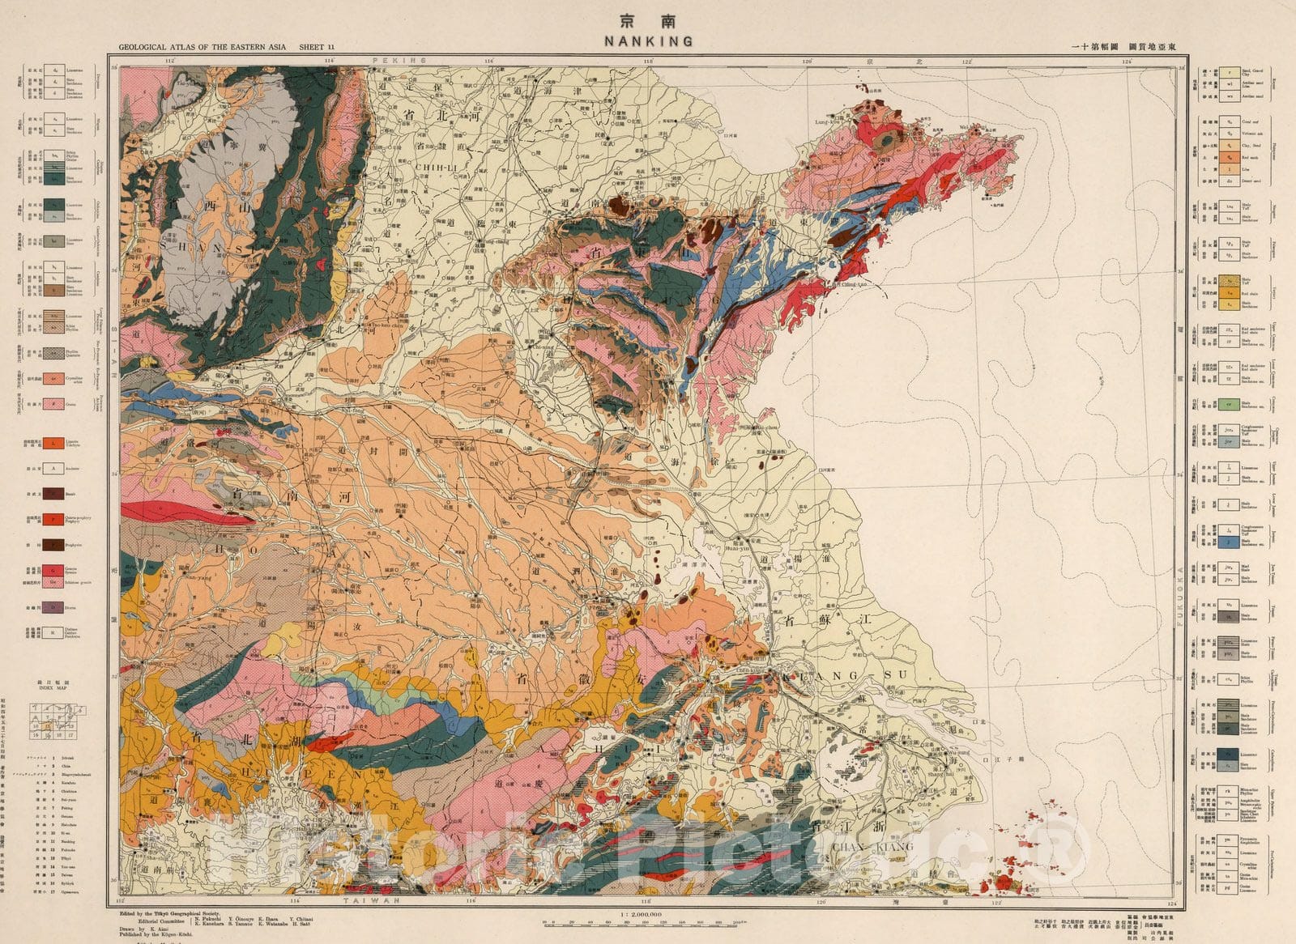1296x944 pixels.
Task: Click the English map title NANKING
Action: (x=648, y=40)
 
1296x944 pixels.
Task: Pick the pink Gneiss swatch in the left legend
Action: (x=53, y=402)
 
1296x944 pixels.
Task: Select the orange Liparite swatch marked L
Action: (x=53, y=443)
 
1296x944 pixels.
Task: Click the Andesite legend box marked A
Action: (x=53, y=468)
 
